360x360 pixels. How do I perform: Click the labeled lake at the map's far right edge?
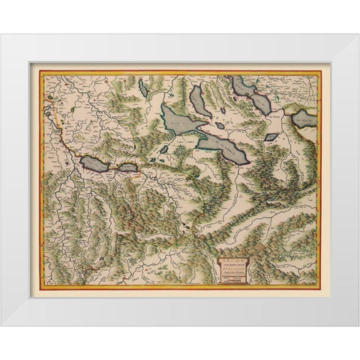[x=305, y=118]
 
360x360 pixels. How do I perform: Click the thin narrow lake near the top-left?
[x=142, y=88]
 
